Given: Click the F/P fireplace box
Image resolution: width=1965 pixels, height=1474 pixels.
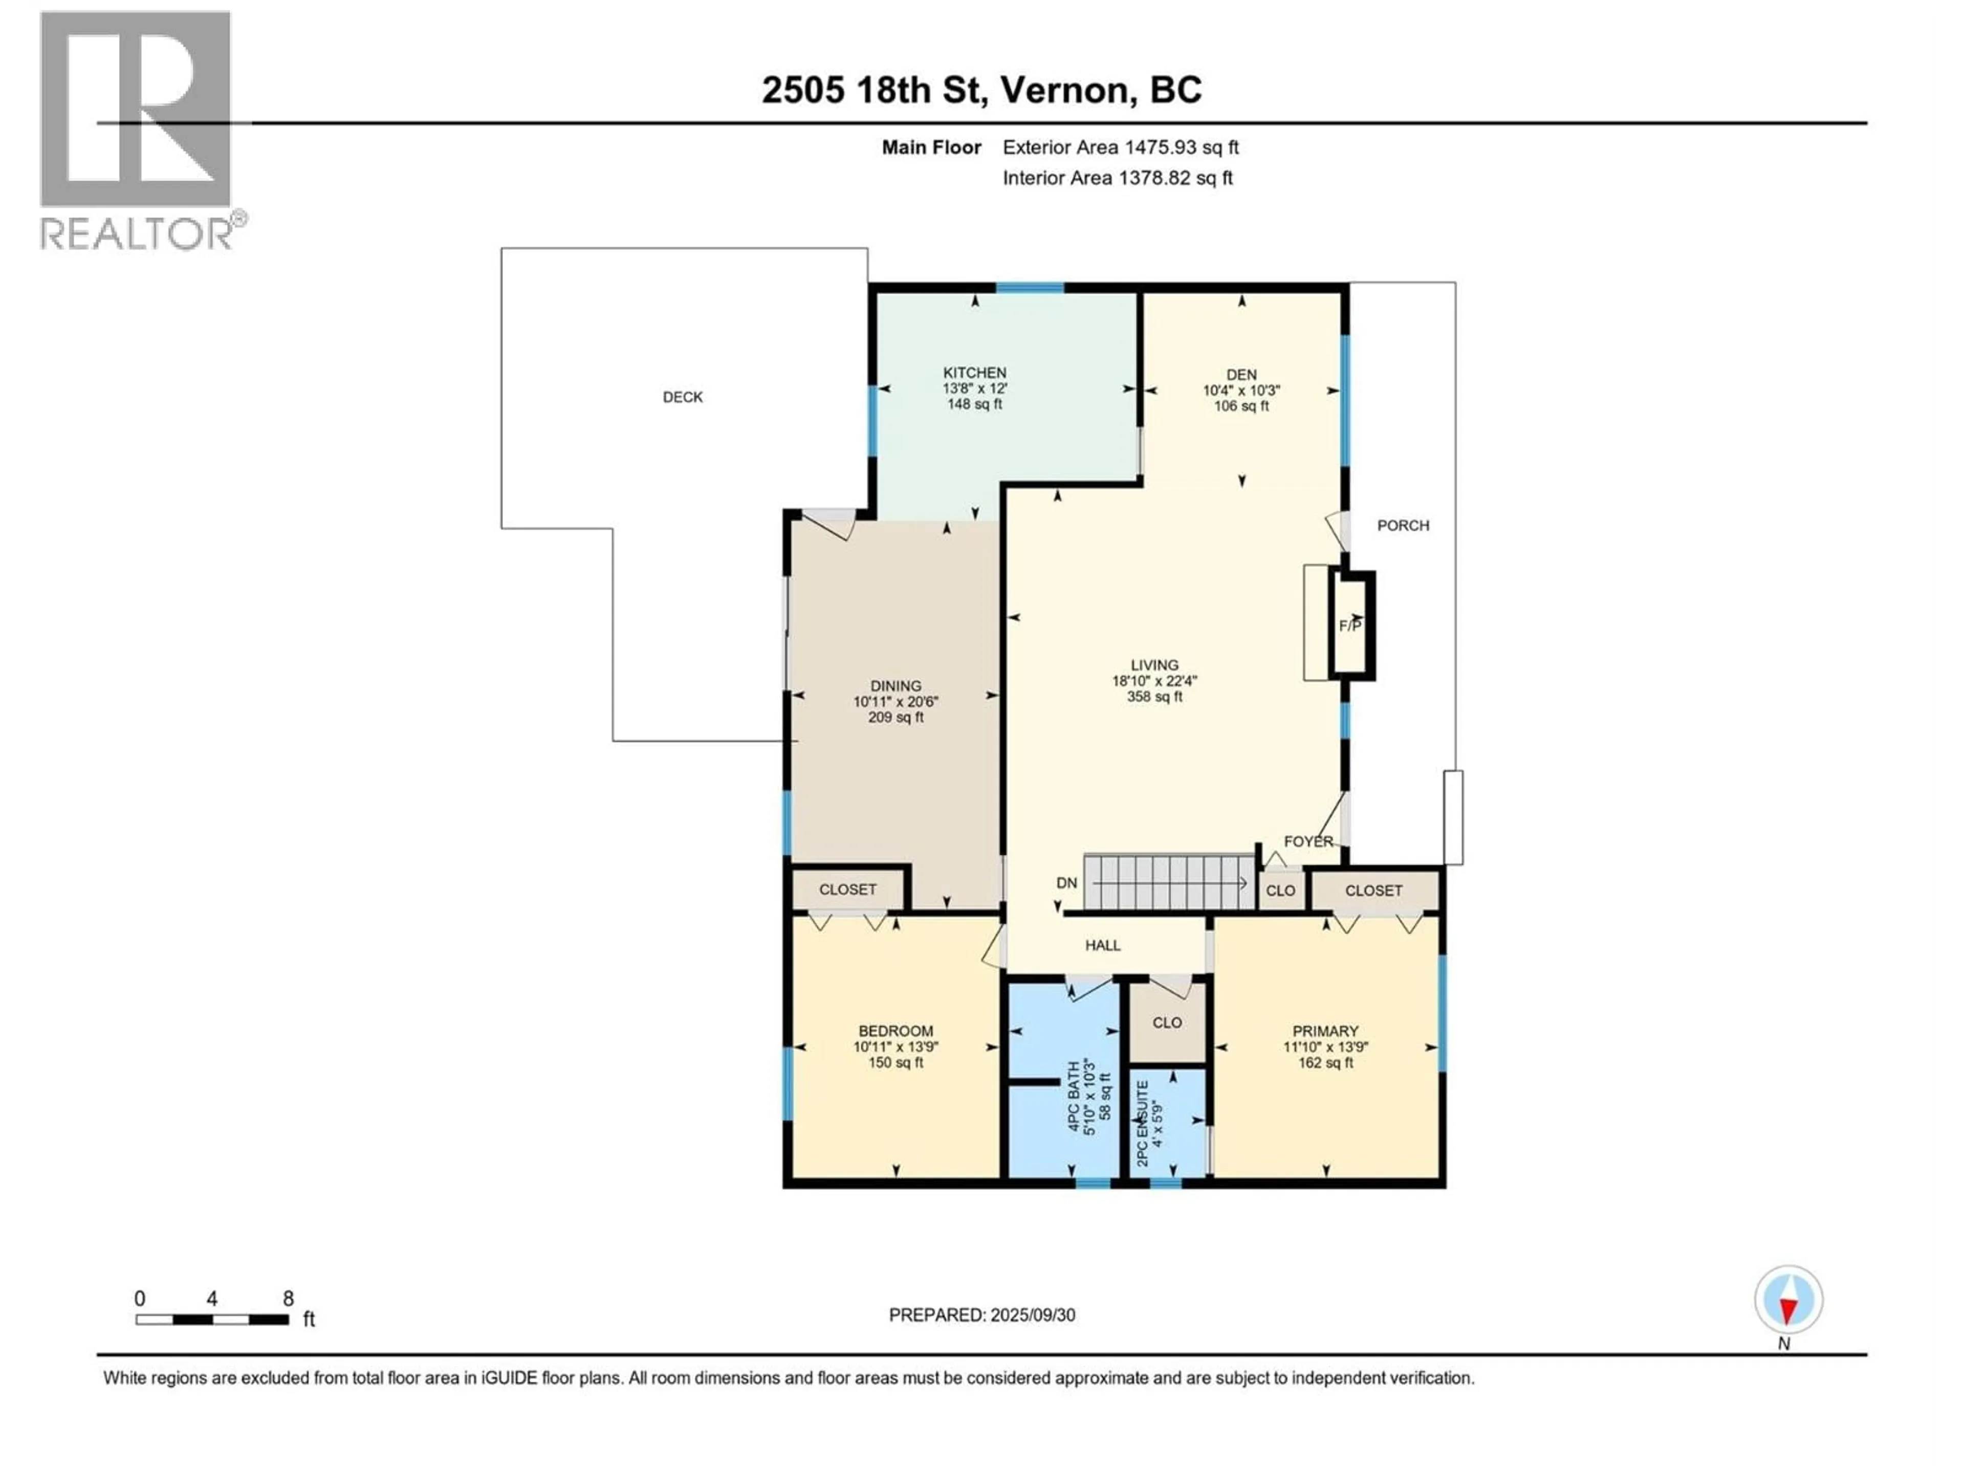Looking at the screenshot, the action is click(x=1351, y=625).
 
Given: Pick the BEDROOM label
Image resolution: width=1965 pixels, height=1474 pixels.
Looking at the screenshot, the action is click(x=896, y=1031).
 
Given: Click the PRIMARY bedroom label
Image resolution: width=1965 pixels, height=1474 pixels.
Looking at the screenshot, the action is click(x=1325, y=1031).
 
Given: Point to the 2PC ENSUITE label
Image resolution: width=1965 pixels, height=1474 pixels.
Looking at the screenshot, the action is click(x=1142, y=1123).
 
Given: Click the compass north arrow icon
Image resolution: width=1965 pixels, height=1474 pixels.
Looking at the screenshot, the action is click(x=1788, y=1299).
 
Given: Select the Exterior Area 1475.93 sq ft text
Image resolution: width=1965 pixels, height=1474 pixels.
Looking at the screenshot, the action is click(x=1120, y=147).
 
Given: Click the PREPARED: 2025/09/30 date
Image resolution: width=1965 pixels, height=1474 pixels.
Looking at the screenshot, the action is click(x=981, y=1315).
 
